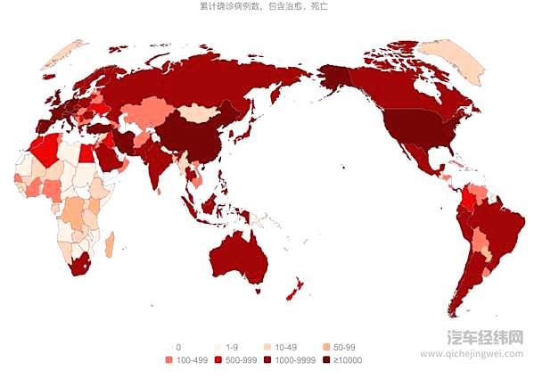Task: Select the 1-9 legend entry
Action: [226, 347]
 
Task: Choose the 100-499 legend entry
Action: [185, 360]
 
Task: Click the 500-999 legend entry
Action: [234, 360]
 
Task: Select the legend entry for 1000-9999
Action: [290, 360]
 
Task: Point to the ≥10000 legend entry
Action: [342, 360]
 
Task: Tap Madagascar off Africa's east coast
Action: [110, 242]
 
